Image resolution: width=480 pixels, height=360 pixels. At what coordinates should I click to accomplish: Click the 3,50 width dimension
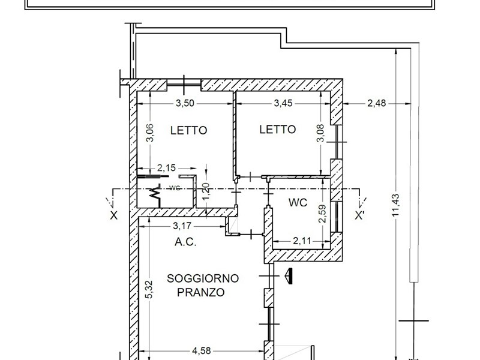185,103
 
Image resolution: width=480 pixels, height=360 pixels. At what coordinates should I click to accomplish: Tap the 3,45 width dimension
283,103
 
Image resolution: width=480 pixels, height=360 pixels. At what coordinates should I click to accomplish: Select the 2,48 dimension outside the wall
377,103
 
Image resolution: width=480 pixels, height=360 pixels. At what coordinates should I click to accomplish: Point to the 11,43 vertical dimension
396,205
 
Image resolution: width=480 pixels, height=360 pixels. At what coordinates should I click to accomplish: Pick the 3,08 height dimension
320,133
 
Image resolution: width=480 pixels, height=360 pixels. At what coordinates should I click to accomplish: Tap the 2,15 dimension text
167,168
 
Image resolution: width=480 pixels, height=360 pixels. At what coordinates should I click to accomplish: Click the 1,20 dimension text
206,191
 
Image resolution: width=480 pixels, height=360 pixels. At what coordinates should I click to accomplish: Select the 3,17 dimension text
182,226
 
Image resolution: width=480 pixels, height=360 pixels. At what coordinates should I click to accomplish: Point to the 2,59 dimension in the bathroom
322,214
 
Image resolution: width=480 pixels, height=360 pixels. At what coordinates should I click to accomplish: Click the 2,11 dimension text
302,241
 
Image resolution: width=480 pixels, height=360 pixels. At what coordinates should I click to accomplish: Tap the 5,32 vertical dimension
149,290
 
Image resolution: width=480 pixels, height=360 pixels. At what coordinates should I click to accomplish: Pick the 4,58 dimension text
202,351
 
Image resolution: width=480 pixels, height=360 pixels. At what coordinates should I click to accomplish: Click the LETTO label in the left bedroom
189,130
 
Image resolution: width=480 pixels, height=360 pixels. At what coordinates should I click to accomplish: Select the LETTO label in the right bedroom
278,130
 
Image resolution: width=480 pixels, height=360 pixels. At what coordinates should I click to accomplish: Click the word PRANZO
201,292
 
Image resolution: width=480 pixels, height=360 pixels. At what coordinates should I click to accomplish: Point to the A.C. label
185,242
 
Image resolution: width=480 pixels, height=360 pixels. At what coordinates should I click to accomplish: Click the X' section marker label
359,215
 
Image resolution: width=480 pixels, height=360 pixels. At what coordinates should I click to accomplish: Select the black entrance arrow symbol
289,276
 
